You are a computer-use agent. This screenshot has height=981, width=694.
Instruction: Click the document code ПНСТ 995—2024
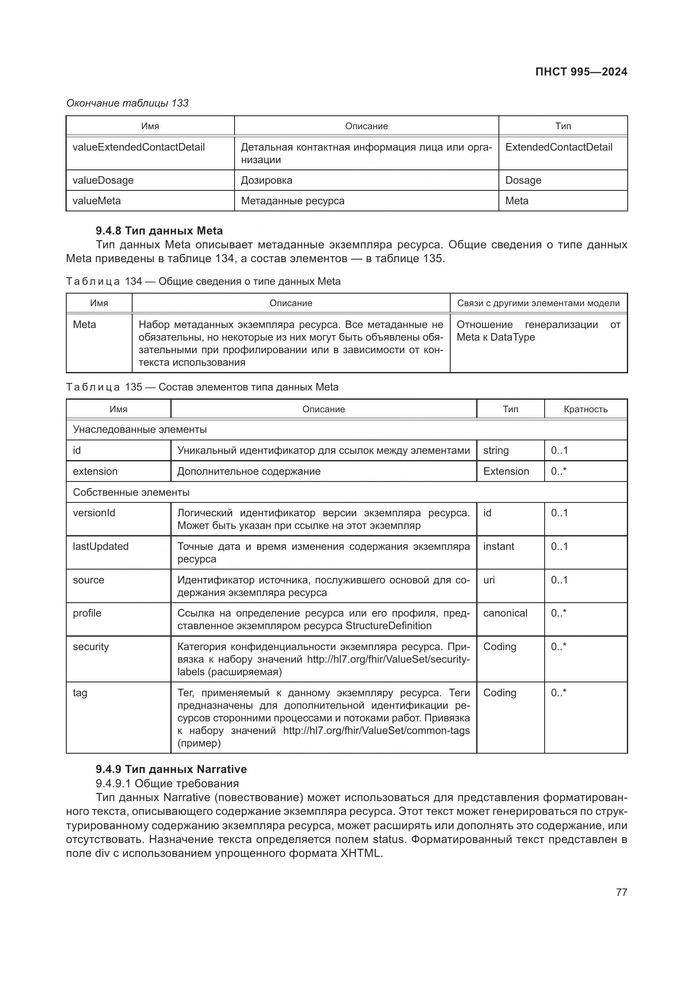[581, 72]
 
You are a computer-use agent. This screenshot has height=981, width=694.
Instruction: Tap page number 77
[621, 892]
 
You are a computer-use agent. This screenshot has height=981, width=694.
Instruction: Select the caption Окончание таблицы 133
[128, 103]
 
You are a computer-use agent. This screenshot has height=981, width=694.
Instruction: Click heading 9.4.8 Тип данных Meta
[159, 231]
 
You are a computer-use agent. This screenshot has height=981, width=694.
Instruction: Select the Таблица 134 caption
[203, 281]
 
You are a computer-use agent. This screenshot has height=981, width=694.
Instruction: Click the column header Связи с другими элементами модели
[538, 303]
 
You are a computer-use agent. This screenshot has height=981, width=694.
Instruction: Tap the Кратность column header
[585, 409]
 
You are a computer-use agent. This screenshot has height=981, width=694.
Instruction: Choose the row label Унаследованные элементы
[140, 429]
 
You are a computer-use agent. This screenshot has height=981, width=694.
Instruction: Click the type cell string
[496, 450]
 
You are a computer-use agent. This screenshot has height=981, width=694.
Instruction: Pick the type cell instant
[498, 546]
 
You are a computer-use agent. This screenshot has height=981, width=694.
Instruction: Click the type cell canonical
[505, 613]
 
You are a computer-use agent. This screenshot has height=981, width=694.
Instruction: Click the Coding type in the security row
[500, 646]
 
